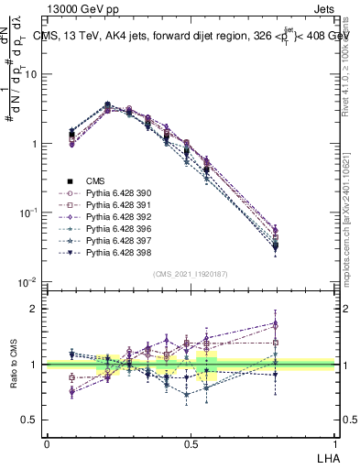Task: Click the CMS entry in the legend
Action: click(96, 180)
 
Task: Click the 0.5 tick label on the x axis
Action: click(191, 443)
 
